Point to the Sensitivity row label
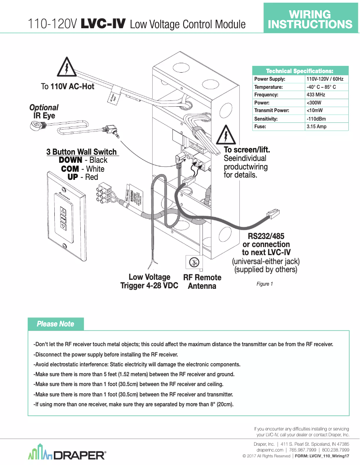tap(266, 119)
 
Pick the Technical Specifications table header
tap(300, 71)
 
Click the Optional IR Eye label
tap(44, 112)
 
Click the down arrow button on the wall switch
tap(63, 227)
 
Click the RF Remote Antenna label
tap(202, 282)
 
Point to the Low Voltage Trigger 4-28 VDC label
tap(149, 282)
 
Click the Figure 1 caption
tap(264, 284)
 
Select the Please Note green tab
tap(56, 324)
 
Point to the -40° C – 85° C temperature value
tap(321, 87)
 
